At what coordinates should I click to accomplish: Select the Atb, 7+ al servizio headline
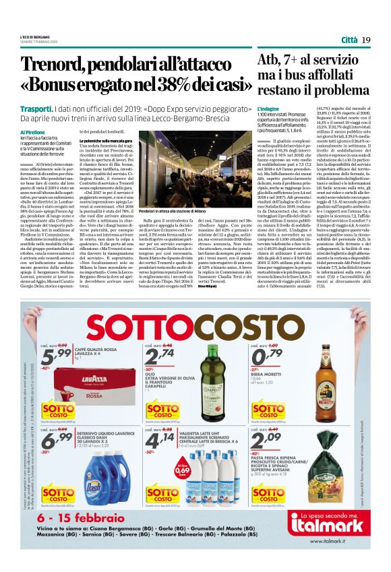click(311, 61)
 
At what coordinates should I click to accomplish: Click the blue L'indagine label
click(268, 108)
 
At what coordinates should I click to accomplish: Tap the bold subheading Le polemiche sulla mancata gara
click(105, 141)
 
